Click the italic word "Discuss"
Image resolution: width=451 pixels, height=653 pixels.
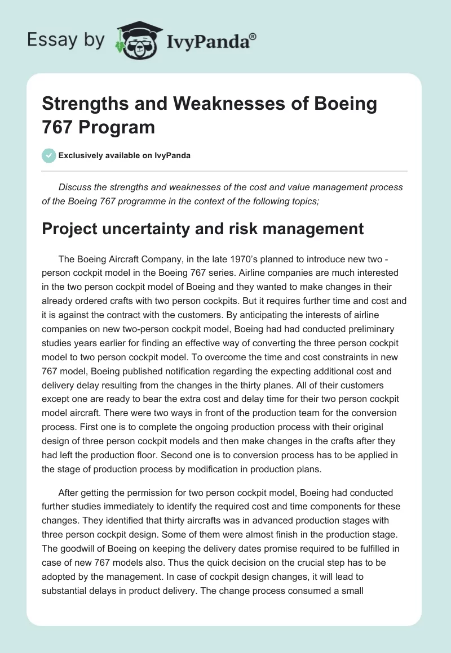coord(75,187)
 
